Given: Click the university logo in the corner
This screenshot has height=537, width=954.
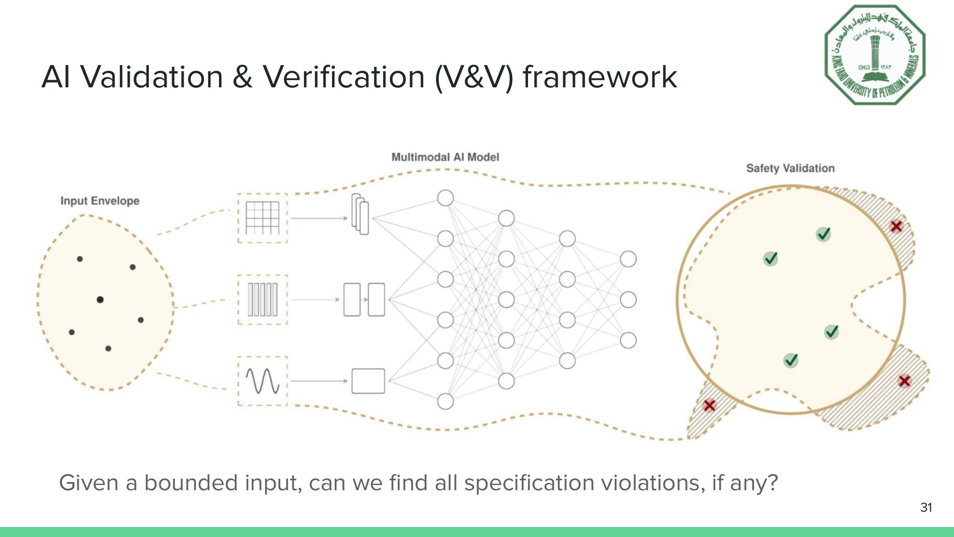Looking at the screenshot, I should coord(875,54).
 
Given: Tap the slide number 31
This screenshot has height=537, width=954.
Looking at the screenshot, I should coord(926,507).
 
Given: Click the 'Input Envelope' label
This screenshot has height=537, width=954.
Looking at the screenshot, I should coord(100,201).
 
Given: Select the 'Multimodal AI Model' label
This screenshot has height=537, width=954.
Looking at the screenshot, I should coord(445,157).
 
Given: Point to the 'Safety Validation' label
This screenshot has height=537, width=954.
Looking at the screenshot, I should coord(790,168).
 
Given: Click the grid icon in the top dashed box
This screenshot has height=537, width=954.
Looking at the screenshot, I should coord(262,218).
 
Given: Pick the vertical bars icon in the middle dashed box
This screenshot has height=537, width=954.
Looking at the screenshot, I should coord(262,300).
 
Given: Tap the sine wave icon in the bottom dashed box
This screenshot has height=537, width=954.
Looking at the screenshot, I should coord(262,381).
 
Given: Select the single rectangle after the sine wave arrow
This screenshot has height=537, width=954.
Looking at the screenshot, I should coord(368,381).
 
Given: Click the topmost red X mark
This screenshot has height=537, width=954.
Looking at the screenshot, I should coord(896,226).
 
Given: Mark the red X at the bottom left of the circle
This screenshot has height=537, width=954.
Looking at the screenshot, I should coord(709,405).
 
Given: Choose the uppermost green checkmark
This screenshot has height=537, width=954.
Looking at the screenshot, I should coord(824,234).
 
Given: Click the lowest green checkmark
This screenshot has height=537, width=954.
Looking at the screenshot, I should coord(791,360).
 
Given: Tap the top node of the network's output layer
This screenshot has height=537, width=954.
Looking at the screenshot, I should coord(628,259).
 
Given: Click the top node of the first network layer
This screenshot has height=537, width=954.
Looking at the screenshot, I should coord(445,198).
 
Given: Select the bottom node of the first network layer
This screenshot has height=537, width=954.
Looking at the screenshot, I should coord(445,401).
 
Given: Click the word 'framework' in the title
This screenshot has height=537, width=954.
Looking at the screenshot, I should coord(600,77).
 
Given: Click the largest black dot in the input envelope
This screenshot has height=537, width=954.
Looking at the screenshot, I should coord(100,300).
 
